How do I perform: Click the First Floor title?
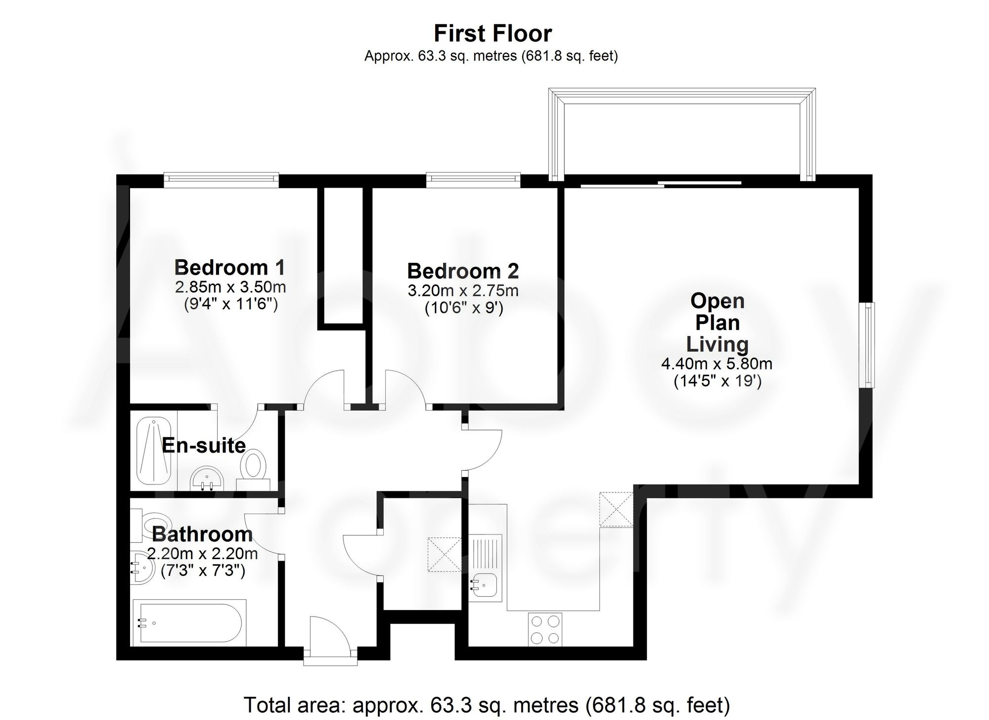point(493,34)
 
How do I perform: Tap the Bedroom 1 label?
point(230,268)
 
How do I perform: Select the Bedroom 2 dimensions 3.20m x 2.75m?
point(463,290)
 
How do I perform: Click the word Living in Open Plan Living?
point(717,344)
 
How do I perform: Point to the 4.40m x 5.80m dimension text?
point(717,364)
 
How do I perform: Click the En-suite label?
point(204,446)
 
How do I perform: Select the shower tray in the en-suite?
point(154,451)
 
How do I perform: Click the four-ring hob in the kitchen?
point(545,629)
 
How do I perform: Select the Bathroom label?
point(202,534)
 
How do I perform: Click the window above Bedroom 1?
point(221,179)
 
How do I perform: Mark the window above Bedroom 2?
point(473,179)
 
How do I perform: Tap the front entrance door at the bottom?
point(330,638)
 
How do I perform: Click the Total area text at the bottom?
point(487,704)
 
